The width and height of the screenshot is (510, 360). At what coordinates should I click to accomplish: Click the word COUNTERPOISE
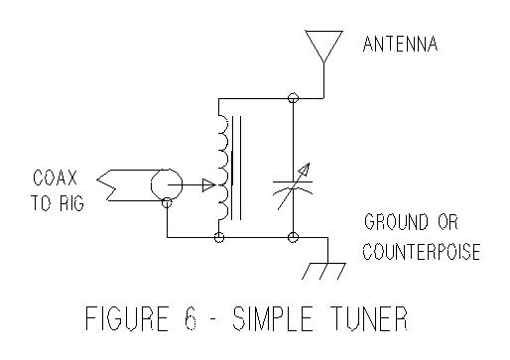pos(421,252)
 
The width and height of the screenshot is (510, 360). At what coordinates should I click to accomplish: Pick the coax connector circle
pos(167,183)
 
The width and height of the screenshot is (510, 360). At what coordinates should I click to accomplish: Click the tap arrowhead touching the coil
pos(208,183)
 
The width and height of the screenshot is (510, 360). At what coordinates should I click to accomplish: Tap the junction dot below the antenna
pos(293,98)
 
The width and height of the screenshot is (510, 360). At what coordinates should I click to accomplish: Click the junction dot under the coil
pos(218,238)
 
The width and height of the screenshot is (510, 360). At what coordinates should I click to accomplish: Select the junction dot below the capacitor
pos(293,238)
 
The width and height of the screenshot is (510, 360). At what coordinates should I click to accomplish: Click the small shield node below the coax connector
pos(167,203)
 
